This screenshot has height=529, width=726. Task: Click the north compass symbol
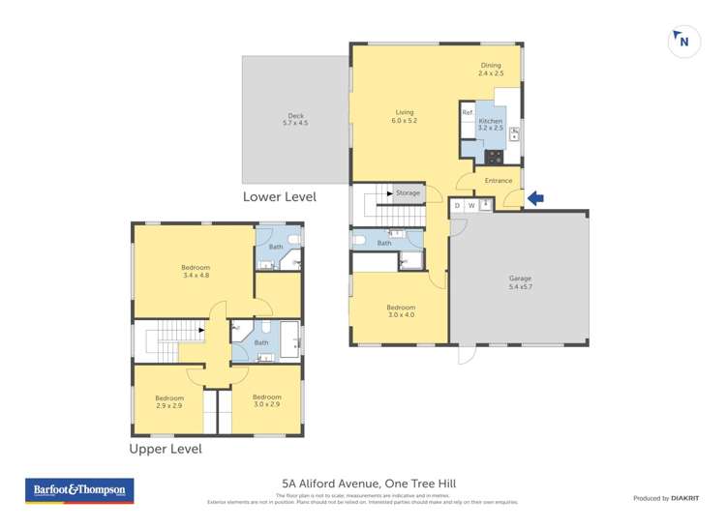click(683, 42)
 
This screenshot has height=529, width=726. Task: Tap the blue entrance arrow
click(534, 198)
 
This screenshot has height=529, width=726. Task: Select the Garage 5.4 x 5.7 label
click(520, 282)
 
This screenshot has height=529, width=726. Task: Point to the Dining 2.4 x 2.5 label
click(491, 69)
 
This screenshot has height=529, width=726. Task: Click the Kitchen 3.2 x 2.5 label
click(491, 124)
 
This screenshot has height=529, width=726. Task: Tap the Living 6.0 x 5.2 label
click(404, 116)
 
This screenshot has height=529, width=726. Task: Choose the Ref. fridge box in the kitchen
click(468, 113)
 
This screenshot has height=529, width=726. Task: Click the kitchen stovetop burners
click(494, 155)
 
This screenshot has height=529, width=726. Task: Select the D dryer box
click(457, 205)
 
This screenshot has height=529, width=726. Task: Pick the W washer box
click(471, 205)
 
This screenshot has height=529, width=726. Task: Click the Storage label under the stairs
click(408, 192)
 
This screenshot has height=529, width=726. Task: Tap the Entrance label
click(498, 181)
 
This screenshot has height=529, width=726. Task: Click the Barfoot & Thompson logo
click(78, 490)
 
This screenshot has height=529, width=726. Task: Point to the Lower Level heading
click(279, 196)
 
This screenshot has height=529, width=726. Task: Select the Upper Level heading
click(166, 449)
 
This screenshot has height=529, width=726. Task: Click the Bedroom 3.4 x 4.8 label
click(196, 271)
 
